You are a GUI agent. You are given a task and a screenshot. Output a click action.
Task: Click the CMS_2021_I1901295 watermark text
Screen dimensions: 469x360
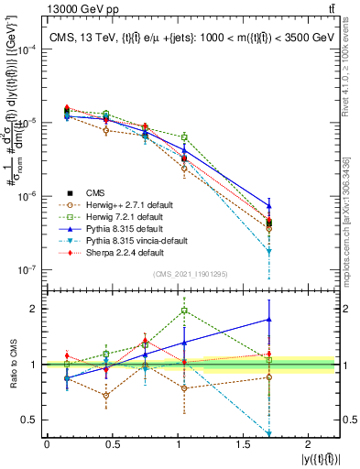[190, 274]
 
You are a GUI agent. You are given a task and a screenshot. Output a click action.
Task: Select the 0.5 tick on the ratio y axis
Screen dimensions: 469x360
[32, 420]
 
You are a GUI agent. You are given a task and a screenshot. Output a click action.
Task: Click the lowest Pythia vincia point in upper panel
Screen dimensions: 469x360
[269, 251]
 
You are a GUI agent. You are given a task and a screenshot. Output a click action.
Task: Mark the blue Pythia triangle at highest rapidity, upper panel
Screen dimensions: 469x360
[269, 205]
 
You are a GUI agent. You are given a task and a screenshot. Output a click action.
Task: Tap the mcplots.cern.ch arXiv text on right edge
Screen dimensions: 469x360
[352, 211]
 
